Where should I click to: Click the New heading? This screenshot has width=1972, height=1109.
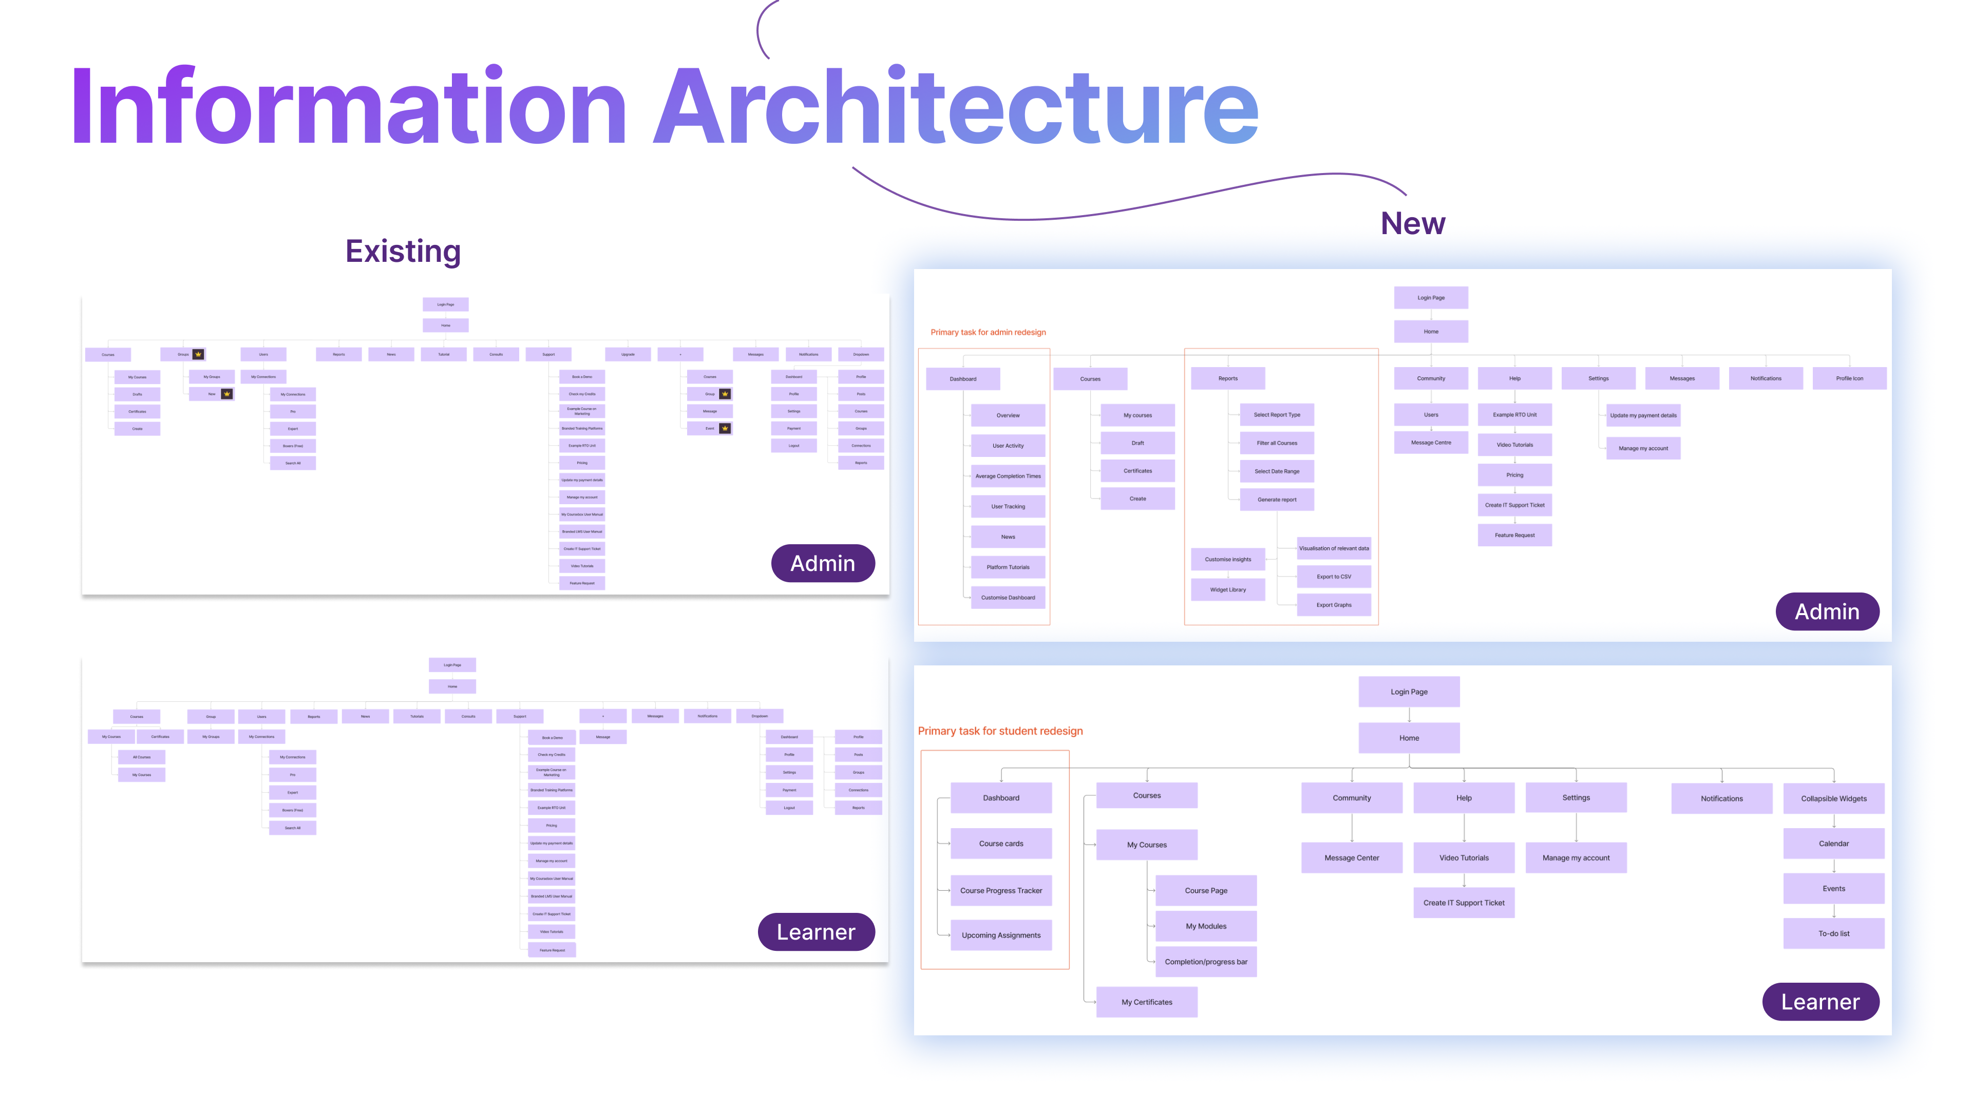coord(1412,223)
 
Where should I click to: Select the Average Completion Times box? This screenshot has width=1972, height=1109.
coord(1008,476)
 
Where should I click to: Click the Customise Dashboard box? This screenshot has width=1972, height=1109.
coord(1008,598)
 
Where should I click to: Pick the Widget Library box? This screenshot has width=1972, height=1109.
coord(1227,590)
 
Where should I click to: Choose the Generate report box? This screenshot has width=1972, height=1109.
coord(1276,500)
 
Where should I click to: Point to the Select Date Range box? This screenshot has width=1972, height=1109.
coord(1276,471)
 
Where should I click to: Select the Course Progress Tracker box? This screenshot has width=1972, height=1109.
coord(1000,891)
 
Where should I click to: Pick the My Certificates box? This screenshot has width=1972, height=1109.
coord(1146,1002)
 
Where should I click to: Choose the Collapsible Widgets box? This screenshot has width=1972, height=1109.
coord(1833,799)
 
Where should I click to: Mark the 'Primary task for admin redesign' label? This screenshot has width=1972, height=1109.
coord(988,332)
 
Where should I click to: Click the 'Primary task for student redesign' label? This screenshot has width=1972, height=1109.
coord(1000,731)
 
